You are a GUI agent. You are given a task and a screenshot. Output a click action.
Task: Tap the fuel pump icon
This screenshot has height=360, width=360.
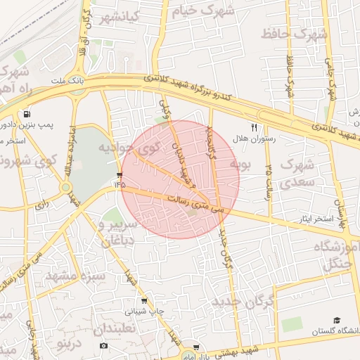point(27,114)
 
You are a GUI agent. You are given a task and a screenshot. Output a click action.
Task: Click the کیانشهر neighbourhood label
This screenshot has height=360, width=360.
point(120,16)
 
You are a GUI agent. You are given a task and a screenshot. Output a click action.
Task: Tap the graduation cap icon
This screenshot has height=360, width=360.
point(337,321)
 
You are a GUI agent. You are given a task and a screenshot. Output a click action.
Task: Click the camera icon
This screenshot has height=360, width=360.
point(104,346)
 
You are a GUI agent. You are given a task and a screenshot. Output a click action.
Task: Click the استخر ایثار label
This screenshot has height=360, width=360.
point(313,219)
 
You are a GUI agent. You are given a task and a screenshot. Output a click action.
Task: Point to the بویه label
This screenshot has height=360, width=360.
point(240,165)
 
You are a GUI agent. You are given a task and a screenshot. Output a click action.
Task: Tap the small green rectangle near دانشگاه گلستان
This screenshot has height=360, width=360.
point(292,324)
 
